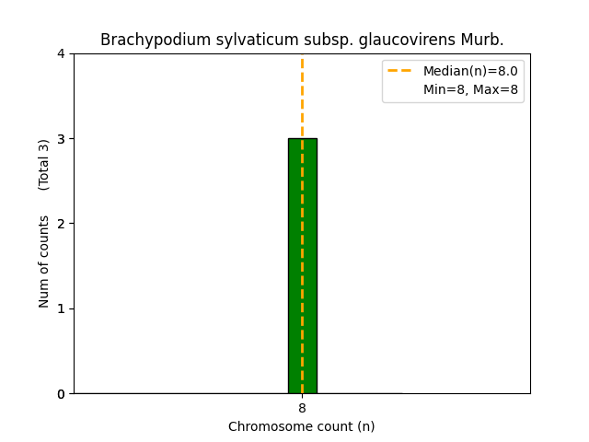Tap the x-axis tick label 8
302,408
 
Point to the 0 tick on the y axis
61,394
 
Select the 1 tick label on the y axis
61,308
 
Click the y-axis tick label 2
61,224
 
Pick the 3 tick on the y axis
61,139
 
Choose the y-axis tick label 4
61,53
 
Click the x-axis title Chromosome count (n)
302,426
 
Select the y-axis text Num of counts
44,262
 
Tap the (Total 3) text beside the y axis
44,165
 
